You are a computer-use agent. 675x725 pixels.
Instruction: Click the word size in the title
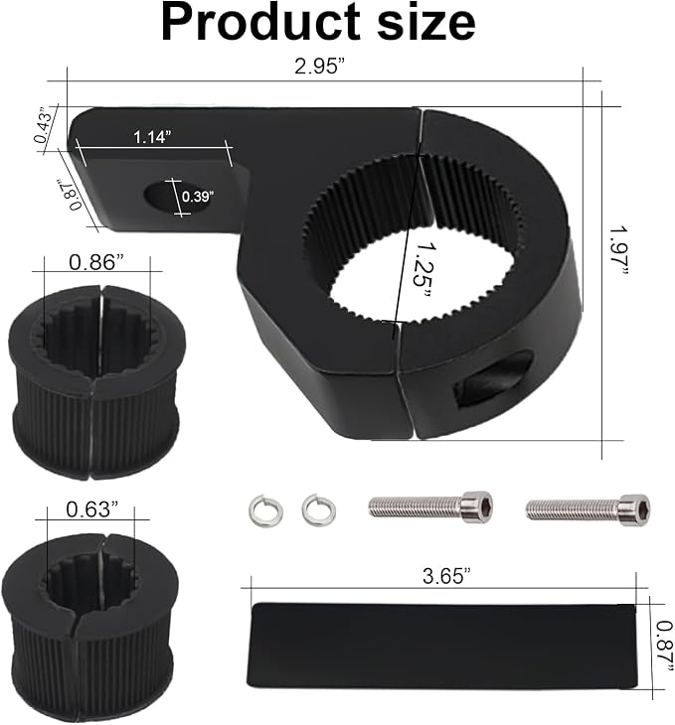point(426,22)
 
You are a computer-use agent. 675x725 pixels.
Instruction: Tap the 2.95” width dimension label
point(319,67)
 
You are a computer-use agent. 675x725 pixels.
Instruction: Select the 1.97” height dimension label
point(619,252)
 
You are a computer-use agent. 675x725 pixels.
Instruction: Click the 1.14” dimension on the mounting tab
point(152,137)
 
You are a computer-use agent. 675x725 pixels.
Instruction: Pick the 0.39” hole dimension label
point(198,197)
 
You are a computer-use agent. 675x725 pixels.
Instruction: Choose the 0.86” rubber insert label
point(96,262)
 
